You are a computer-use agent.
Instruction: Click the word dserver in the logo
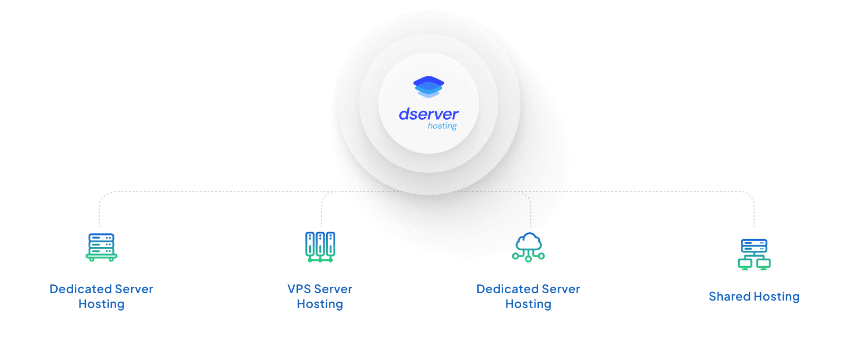pos(428,114)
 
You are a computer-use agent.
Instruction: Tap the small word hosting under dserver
pos(442,126)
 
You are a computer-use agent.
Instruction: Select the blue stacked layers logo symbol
pos(428,87)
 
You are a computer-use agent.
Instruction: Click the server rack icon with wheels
pos(101,247)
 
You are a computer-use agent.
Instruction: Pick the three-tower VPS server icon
pos(320,247)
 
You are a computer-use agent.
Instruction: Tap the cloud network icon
pos(529,247)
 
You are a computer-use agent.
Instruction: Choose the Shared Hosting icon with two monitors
pos(754,254)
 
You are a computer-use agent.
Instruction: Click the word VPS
pos(299,289)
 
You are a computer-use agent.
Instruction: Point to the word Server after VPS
pos(333,289)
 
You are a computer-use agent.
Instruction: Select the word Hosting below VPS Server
pos(320,304)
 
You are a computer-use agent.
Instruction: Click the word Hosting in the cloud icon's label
pos(528,304)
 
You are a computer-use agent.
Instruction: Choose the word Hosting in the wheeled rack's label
pos(101,304)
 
